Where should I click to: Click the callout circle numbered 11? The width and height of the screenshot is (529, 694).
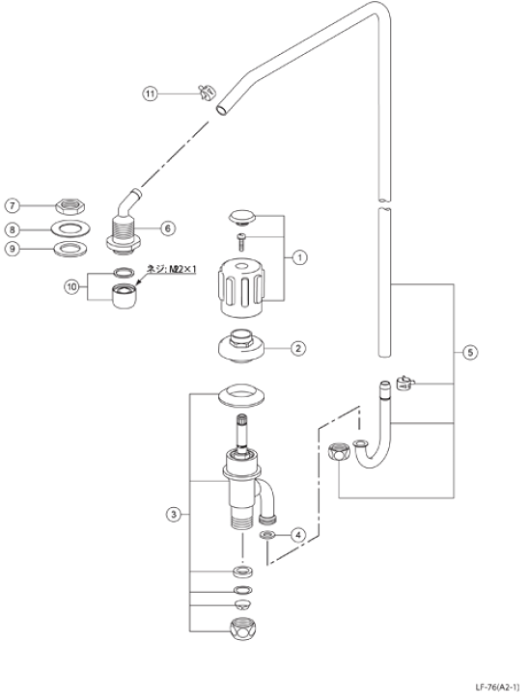pyautogui.click(x=150, y=93)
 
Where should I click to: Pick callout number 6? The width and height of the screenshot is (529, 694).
pyautogui.click(x=167, y=228)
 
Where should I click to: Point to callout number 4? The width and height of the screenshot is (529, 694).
pyautogui.click(x=298, y=533)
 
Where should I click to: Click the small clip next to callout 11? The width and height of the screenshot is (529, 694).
pyautogui.click(x=203, y=93)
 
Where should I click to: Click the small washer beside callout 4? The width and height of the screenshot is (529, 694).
pyautogui.click(x=269, y=533)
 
